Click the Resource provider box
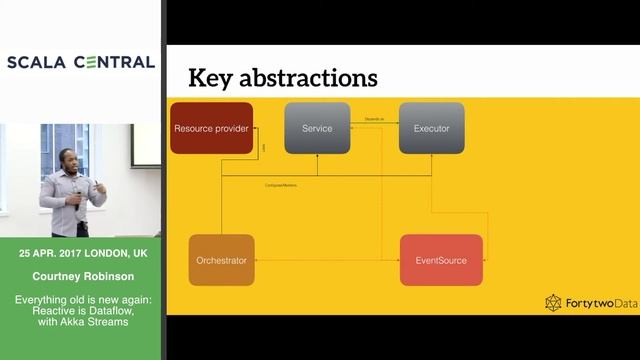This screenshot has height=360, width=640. tap(211, 128)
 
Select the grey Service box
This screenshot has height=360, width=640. tap(317, 128)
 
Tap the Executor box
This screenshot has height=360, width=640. tap(431, 128)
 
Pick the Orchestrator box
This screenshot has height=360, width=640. tap(222, 259)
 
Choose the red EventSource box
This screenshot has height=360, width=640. tap(441, 259)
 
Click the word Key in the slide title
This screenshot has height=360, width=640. tap(213, 77)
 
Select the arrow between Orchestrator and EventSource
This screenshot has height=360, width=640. tap(328, 260)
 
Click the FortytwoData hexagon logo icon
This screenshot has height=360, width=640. tap(553, 302)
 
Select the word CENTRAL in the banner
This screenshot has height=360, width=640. tap(112, 62)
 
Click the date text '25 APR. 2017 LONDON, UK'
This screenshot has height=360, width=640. tap(80, 255)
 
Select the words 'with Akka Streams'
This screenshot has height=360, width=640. tap(80, 321)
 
